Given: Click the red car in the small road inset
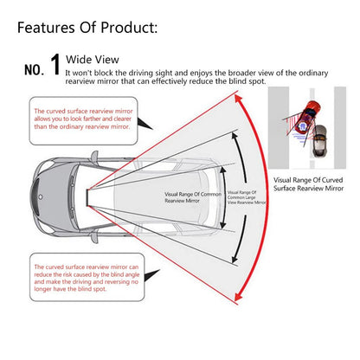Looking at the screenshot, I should point(310,110).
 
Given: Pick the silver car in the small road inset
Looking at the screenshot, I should point(320,140).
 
